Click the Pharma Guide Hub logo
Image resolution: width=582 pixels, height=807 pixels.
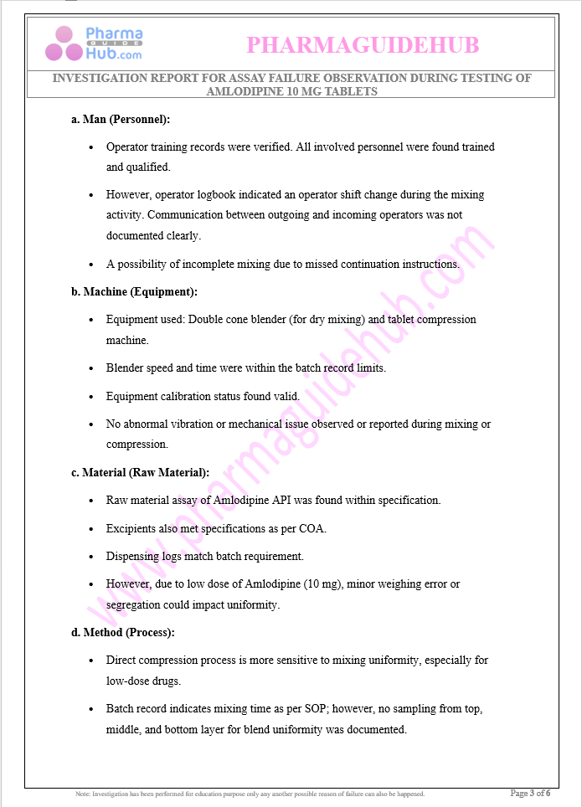tap(94, 44)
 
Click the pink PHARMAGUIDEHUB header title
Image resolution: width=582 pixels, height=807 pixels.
tap(363, 44)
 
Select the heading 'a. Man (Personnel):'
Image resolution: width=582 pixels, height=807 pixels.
tap(121, 119)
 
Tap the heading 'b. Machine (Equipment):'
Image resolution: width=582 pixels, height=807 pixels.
tap(134, 291)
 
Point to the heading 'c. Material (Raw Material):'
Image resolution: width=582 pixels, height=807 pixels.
tap(140, 472)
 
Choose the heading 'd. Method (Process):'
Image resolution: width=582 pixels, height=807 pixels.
tap(122, 632)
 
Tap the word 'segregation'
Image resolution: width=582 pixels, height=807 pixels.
tap(136, 604)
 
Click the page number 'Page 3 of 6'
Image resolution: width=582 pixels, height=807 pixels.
tap(530, 793)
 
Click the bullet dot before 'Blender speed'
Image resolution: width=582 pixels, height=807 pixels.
tap(91, 368)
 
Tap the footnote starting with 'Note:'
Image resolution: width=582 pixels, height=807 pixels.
tap(250, 794)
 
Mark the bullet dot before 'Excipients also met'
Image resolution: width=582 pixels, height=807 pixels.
tap(91, 529)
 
